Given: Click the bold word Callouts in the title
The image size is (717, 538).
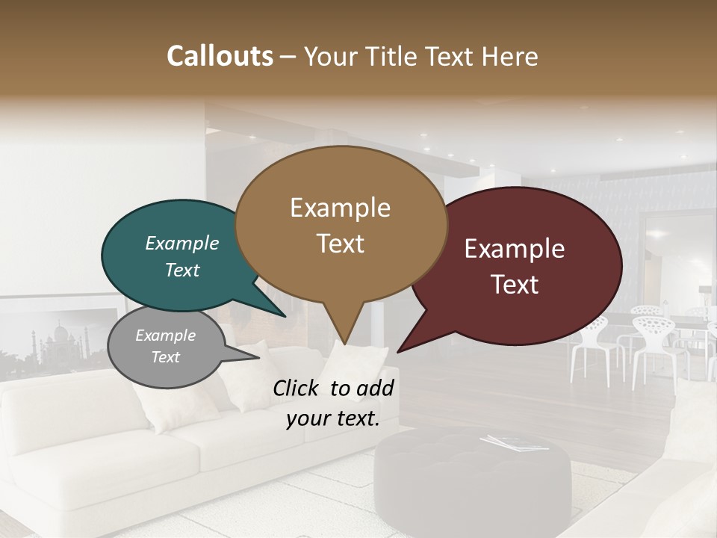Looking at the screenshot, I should click(220, 56).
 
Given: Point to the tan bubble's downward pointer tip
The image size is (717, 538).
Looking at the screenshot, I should click(346, 342).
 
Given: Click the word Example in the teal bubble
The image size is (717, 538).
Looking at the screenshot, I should click(181, 243).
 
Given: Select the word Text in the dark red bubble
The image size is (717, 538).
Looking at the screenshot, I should click(515, 285).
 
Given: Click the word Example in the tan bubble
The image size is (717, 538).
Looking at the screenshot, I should click(340, 208).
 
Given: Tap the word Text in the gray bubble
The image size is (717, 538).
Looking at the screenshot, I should click(165, 357).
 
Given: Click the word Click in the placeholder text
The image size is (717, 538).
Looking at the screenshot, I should click(298, 388).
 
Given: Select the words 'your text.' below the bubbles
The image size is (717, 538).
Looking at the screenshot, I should click(332, 419).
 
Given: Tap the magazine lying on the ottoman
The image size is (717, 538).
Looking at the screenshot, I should click(508, 442).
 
